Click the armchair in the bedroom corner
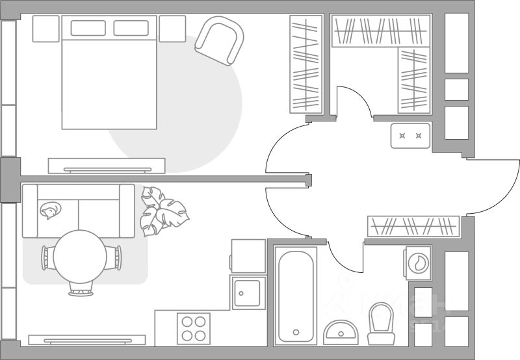click(x=218, y=40)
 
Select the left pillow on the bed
click(x=88, y=28)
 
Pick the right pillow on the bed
click(x=131, y=28)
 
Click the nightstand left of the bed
click(x=45, y=29)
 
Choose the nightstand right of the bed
click(x=172, y=29)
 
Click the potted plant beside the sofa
click(x=162, y=211)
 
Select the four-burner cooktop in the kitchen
click(x=194, y=328)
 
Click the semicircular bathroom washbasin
click(x=340, y=331)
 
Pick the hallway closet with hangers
click(x=413, y=225)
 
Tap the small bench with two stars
click(x=410, y=136)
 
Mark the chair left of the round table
click(x=45, y=258)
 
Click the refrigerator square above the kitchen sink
click(x=248, y=255)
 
